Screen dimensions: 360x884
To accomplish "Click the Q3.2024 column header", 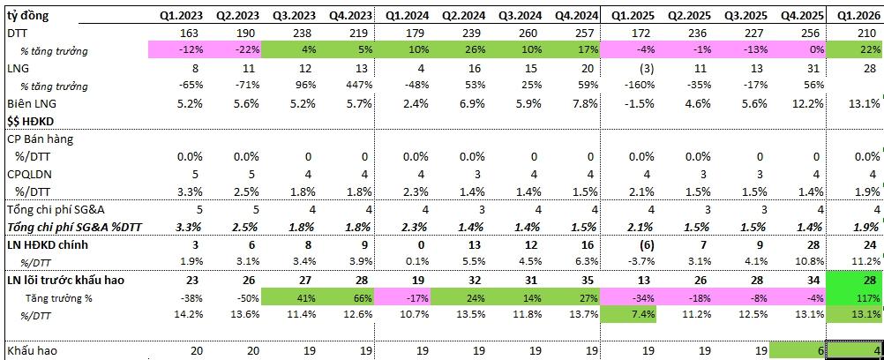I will pos(519,16).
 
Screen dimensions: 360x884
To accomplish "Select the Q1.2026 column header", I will pos(858,16).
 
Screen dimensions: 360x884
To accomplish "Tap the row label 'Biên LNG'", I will pos(29,103).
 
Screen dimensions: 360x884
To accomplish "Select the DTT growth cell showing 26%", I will pos(465,51).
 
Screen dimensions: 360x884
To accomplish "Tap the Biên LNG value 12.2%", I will pos(801,103).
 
